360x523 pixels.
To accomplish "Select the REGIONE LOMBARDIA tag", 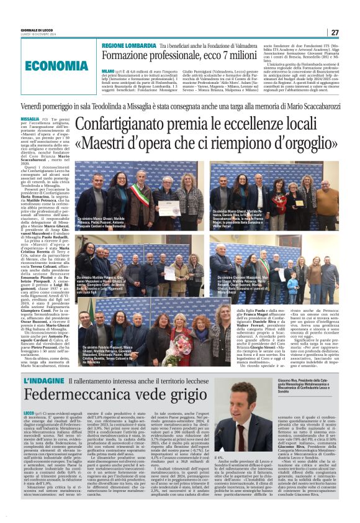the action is pos(129,46).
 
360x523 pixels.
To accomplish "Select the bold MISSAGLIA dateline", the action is pos(29,118).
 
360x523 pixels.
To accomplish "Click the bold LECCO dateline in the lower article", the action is pos(29,412).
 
